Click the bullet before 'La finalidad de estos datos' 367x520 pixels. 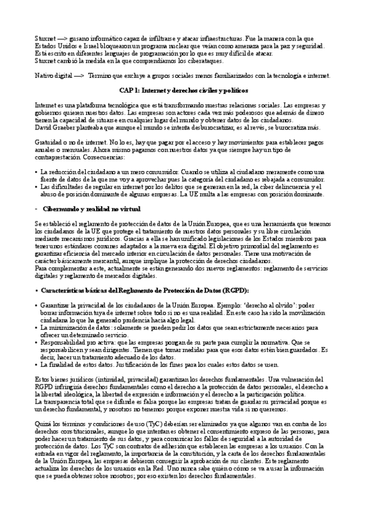tap(37, 364)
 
